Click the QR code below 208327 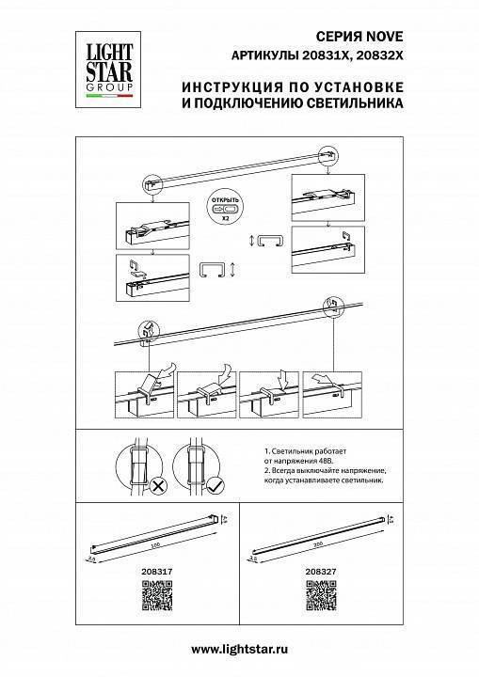point(320,594)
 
